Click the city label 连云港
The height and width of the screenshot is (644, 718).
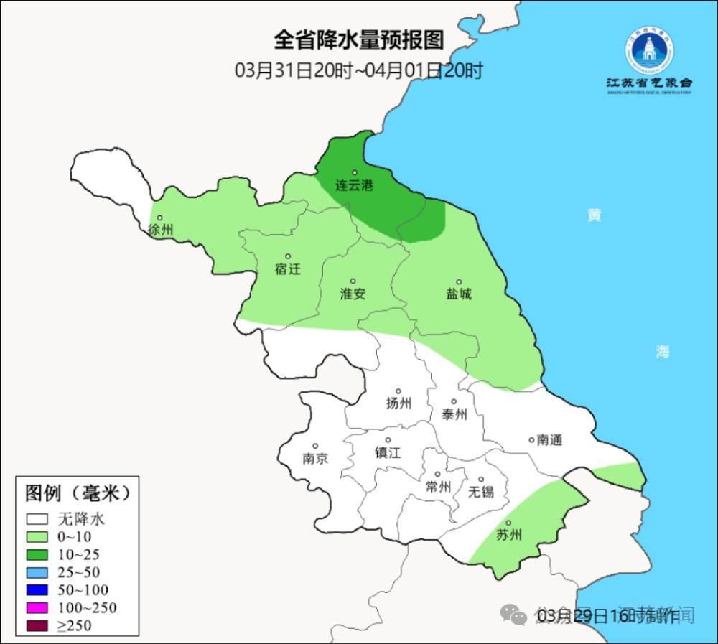click(x=355, y=185)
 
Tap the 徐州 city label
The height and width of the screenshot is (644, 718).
click(x=160, y=230)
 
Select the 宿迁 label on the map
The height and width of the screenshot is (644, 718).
click(x=287, y=269)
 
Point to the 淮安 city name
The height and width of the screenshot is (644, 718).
click(x=353, y=293)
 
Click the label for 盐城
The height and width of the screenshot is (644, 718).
click(x=459, y=293)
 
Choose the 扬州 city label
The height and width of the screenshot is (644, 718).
click(x=398, y=403)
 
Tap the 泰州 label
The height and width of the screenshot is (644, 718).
click(x=454, y=414)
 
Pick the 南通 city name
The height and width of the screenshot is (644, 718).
click(x=549, y=440)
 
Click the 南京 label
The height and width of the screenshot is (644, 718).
click(x=315, y=458)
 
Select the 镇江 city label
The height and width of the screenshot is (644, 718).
click(x=388, y=452)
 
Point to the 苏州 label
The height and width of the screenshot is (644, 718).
click(x=509, y=535)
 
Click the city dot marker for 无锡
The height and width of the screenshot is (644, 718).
click(x=481, y=480)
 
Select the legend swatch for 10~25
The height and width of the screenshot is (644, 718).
click(x=37, y=554)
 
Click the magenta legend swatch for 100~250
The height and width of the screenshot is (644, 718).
click(x=37, y=608)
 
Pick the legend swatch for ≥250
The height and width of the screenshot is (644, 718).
click(x=37, y=626)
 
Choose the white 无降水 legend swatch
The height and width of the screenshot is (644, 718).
click(x=37, y=518)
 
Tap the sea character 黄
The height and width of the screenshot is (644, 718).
click(x=594, y=215)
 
